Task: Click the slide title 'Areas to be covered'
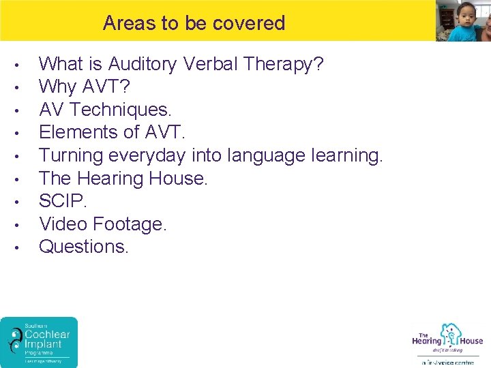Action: [x=194, y=23]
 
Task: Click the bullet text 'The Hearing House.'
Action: [x=123, y=179]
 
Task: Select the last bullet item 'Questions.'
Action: [x=84, y=246]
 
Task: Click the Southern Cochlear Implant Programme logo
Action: [x=39, y=342]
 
